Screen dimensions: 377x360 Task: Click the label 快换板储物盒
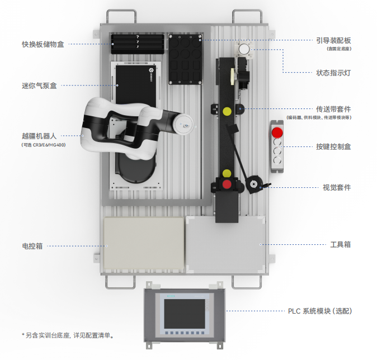(x=43, y=45)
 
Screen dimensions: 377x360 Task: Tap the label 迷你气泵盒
(x=39, y=86)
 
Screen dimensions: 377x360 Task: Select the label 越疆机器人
(x=39, y=136)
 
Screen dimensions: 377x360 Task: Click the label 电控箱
(x=32, y=246)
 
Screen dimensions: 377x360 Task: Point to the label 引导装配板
(x=333, y=40)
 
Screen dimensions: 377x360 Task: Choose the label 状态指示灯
(x=333, y=73)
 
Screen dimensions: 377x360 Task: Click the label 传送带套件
(x=333, y=109)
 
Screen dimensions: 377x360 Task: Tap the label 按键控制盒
(x=333, y=146)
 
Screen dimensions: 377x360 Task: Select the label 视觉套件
(x=337, y=187)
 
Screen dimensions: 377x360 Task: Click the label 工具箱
(x=341, y=245)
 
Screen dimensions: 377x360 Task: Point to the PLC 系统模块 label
(x=320, y=311)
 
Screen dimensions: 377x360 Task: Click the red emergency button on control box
(x=277, y=132)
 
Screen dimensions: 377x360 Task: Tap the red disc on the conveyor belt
(x=227, y=184)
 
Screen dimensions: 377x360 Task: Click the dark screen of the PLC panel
(x=185, y=314)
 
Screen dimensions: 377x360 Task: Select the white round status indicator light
(x=244, y=49)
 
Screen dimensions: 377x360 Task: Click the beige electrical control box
(x=144, y=243)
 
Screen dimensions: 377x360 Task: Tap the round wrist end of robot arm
(x=183, y=124)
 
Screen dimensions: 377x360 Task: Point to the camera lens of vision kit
(x=253, y=184)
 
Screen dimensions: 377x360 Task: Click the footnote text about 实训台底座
(x=68, y=335)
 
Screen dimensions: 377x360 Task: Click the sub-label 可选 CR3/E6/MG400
(x=44, y=145)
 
